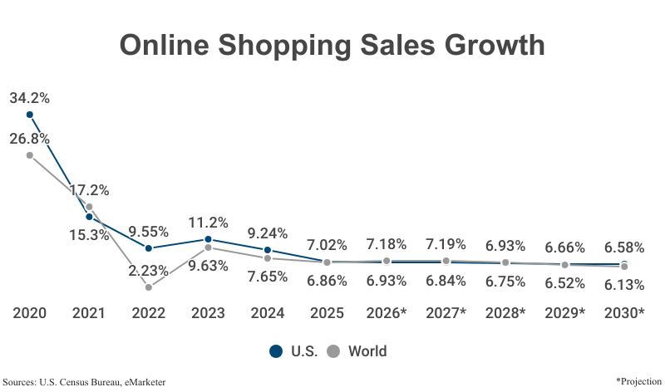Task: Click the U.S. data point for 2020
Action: pyautogui.click(x=29, y=115)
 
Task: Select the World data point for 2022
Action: pyautogui.click(x=148, y=287)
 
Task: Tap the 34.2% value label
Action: pyautogui.click(x=29, y=98)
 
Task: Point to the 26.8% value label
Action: pyautogui.click(x=29, y=139)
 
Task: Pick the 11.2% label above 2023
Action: pyautogui.click(x=208, y=223)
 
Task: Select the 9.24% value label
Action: pyautogui.click(x=267, y=233)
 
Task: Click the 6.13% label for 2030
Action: pyautogui.click(x=624, y=284)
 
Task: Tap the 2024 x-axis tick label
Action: pyautogui.click(x=267, y=313)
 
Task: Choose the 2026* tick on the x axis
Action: pyautogui.click(x=387, y=313)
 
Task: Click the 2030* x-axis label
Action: pyautogui.click(x=624, y=313)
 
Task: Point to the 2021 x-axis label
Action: pyautogui.click(x=89, y=313)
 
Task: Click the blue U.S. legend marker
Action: pyautogui.click(x=276, y=351)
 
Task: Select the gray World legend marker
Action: pyautogui.click(x=334, y=351)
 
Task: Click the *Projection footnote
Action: pyautogui.click(x=638, y=380)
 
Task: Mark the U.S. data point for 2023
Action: pyautogui.click(x=208, y=239)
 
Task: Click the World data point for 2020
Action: pyautogui.click(x=29, y=155)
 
